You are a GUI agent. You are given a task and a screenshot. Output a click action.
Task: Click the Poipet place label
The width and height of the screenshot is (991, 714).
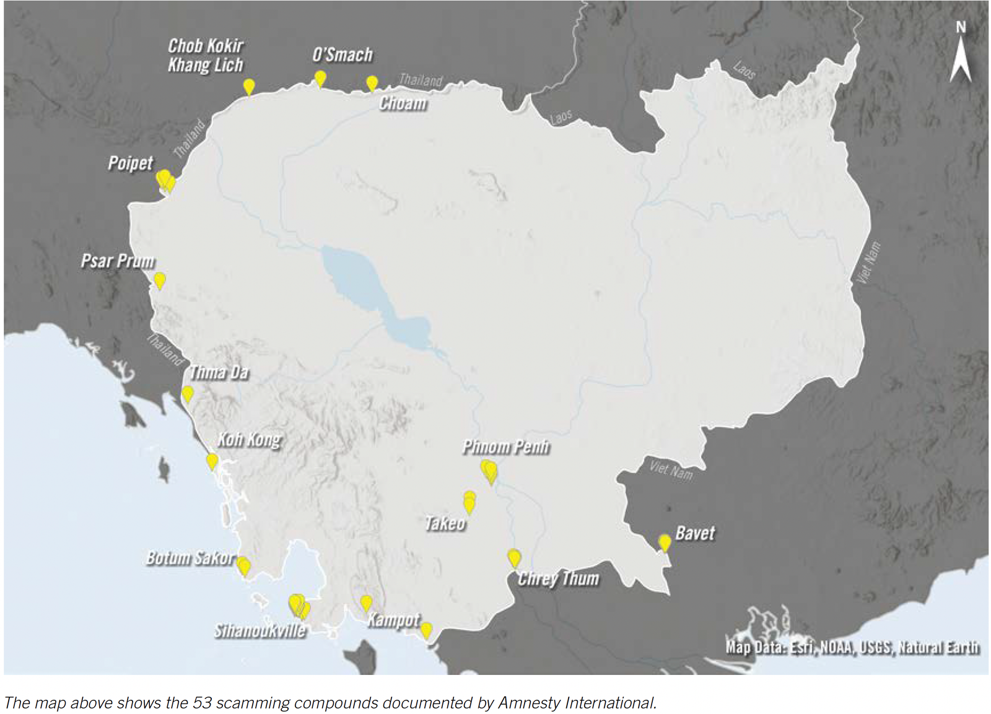[x=130, y=163]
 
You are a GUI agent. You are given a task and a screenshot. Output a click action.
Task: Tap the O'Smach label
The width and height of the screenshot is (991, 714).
[x=343, y=55]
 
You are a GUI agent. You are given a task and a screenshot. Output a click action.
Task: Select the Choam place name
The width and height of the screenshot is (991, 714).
[x=403, y=103]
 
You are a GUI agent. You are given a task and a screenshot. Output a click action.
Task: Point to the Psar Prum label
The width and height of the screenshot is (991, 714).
[x=118, y=261]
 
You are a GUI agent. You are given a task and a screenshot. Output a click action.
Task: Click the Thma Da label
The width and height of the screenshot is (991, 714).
[x=219, y=373]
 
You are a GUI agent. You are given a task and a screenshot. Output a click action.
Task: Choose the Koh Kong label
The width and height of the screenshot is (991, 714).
[x=249, y=440]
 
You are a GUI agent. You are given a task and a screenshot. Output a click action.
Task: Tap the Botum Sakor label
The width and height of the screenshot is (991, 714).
[x=190, y=558]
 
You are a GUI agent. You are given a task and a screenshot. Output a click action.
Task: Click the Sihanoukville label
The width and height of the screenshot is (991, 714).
[x=260, y=630]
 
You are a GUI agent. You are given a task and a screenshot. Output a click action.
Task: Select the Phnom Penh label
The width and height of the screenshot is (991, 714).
[x=505, y=447]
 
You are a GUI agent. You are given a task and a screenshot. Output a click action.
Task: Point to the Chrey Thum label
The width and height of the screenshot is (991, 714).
[x=558, y=578]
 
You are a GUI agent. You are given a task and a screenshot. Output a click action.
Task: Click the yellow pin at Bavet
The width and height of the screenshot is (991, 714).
[x=665, y=542]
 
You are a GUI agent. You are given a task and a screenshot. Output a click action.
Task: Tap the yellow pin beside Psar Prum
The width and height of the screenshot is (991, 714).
[x=160, y=280]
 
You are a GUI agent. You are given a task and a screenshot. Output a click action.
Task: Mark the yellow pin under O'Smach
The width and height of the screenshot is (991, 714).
[x=320, y=78]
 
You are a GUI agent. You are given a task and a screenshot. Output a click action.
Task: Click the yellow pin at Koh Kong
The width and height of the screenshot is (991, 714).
[x=212, y=461]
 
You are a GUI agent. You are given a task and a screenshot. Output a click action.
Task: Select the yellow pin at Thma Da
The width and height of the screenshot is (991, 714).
[x=188, y=393]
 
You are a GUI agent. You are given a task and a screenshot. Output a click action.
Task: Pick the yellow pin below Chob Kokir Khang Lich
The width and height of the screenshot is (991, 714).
[x=249, y=86]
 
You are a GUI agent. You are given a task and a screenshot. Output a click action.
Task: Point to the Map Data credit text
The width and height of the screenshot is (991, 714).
[x=852, y=648]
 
